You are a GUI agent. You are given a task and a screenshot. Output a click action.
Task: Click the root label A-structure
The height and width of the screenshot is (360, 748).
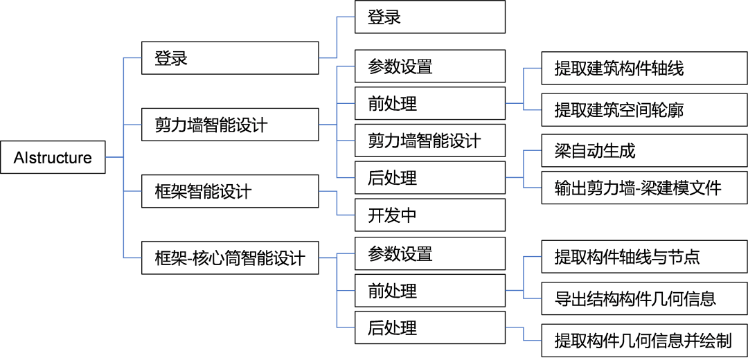pyautogui.click(x=53, y=159)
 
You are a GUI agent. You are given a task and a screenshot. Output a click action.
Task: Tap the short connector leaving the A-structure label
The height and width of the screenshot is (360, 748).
pyautogui.click(x=114, y=158)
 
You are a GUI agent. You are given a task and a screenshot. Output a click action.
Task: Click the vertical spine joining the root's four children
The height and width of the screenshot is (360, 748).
pyautogui.click(x=123, y=158)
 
